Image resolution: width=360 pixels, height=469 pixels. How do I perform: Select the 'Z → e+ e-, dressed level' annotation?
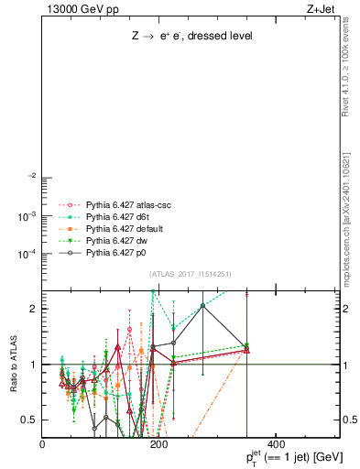(x=191, y=36)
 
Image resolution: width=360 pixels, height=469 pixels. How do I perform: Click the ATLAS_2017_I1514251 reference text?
(x=191, y=274)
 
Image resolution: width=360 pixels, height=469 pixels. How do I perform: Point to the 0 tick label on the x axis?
(x=42, y=443)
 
